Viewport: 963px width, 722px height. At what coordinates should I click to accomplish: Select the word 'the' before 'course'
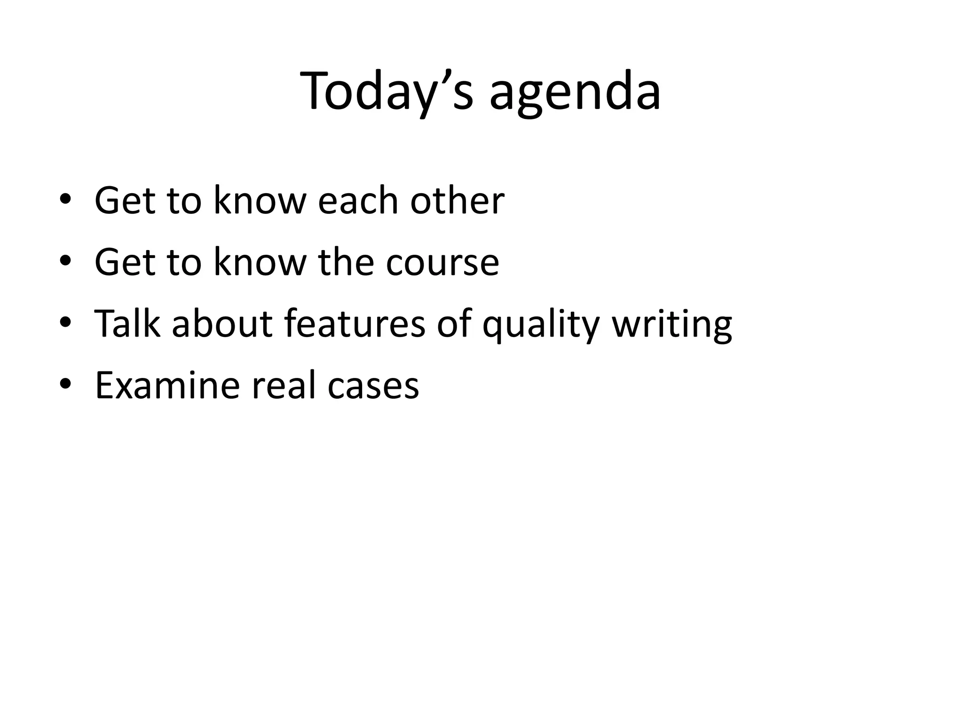point(346,262)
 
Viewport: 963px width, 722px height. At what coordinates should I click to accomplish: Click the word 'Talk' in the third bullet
point(127,323)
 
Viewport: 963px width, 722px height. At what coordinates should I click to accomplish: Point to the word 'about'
point(222,323)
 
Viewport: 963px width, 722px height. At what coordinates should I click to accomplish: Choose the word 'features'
point(355,323)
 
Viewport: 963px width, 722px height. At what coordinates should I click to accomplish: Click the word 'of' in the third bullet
point(454,323)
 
